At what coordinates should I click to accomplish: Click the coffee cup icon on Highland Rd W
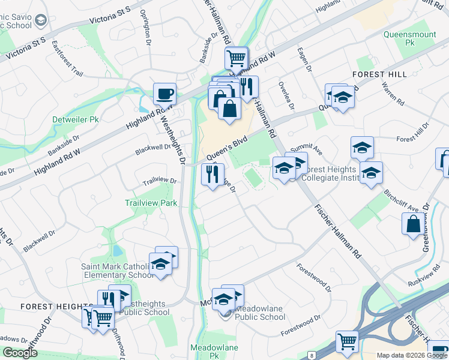[x=164, y=94]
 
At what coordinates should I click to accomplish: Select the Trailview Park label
[x=151, y=203]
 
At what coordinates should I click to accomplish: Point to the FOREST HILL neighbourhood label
[x=379, y=74]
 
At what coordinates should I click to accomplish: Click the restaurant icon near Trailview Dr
[x=212, y=175]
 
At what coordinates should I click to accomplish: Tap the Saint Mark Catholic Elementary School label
[x=118, y=271]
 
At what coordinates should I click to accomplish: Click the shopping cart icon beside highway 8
[x=347, y=342]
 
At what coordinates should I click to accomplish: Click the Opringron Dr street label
[x=145, y=26]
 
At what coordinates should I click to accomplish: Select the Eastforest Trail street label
[x=67, y=58]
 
